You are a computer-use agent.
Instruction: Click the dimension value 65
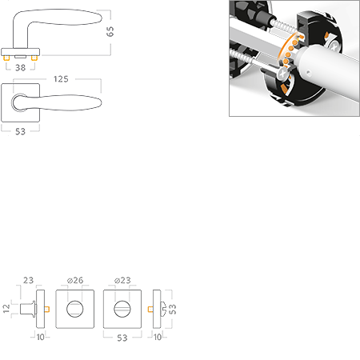(110, 31)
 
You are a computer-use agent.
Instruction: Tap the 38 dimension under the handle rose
(21, 68)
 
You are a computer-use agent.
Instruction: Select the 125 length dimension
(61, 79)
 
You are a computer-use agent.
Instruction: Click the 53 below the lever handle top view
(20, 131)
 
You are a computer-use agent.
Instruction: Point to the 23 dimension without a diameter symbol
(28, 280)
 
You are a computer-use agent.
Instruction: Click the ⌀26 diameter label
(75, 280)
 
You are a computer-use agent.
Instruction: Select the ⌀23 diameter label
(122, 280)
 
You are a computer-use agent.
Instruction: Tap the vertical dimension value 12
(6, 309)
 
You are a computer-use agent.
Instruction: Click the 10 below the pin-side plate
(40, 337)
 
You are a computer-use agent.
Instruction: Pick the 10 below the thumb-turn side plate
(158, 337)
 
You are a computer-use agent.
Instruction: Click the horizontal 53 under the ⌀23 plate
(122, 338)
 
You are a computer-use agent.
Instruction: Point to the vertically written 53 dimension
(173, 309)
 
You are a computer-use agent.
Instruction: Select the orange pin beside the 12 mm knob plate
(47, 310)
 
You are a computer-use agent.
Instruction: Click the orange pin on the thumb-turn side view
(150, 310)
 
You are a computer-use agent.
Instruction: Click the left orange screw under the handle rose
(6, 58)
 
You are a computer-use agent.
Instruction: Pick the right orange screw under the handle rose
(34, 58)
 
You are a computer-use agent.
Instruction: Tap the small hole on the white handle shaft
(308, 72)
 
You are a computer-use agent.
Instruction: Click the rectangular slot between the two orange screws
(20, 57)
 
